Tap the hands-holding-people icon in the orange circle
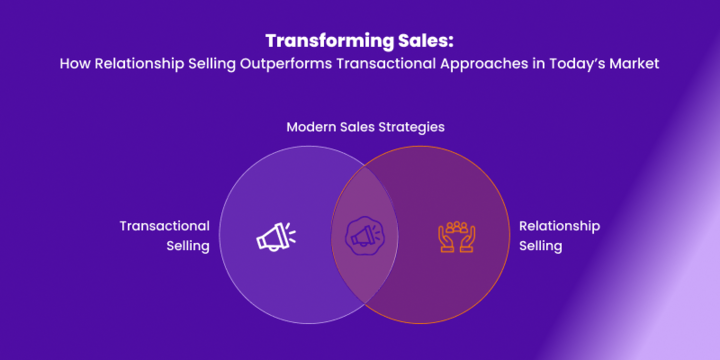[x=456, y=236]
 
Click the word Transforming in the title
[x=323, y=42]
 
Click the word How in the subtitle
[x=74, y=63]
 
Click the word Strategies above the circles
[x=410, y=127]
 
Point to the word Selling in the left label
[x=187, y=246]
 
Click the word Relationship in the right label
[x=559, y=226]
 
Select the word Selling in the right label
[x=541, y=246]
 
